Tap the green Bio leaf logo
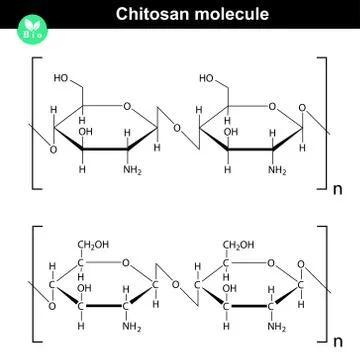tap(21, 20)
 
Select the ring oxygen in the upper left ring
tap(124, 102)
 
